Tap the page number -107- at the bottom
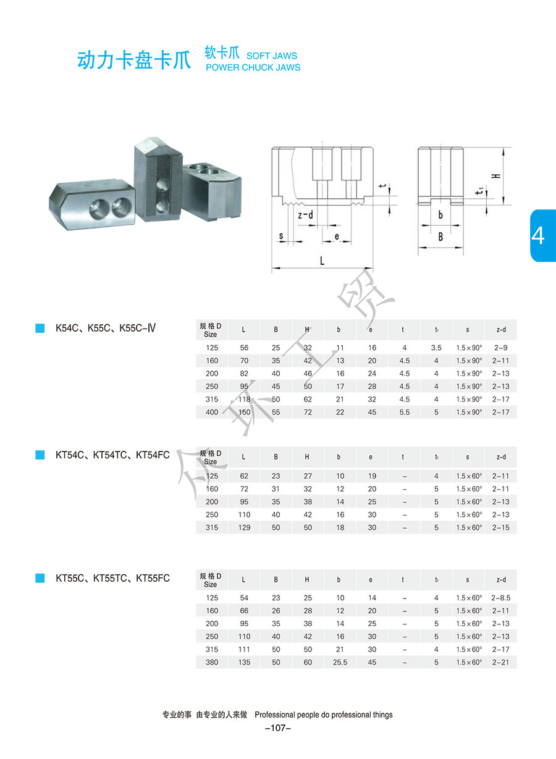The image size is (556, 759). click(277, 728)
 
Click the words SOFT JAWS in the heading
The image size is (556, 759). click(271, 56)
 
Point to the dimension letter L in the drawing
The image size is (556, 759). click(322, 261)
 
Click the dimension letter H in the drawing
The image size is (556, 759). click(495, 175)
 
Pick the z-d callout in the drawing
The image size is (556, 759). click(305, 216)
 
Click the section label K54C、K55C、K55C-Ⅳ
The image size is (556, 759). click(105, 327)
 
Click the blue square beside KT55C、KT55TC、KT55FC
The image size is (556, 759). click(40, 578)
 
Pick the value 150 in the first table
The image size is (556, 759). click(244, 412)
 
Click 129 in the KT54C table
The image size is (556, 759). click(244, 527)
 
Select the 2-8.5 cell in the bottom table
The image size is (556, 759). click(500, 598)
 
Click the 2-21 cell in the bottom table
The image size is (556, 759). click(500, 663)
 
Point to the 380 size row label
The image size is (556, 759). click(211, 663)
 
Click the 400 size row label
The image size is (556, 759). click(212, 412)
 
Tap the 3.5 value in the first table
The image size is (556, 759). click(436, 348)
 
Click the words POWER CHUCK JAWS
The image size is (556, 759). click(253, 67)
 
